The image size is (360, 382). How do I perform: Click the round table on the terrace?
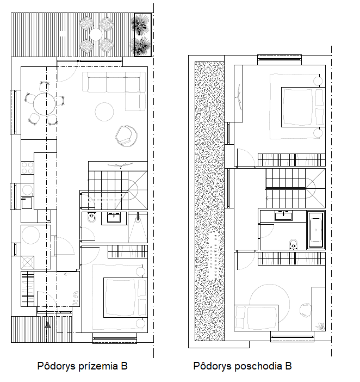click(x=96, y=35)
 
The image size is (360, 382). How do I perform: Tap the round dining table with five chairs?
click(x=45, y=104)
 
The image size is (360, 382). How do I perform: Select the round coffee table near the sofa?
click(x=104, y=112)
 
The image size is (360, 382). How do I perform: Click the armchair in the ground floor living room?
click(x=126, y=136)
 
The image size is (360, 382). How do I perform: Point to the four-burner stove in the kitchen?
click(x=27, y=168)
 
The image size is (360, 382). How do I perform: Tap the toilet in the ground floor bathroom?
click(x=92, y=218)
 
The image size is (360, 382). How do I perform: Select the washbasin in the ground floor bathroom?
click(x=114, y=217)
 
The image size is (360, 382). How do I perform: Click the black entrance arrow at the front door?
click(x=48, y=325)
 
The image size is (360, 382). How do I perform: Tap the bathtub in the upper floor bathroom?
click(x=316, y=230)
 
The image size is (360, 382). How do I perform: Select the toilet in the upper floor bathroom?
click(x=294, y=244)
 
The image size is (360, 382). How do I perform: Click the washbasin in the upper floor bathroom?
click(x=283, y=216)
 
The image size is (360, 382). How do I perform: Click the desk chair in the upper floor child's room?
click(x=306, y=311)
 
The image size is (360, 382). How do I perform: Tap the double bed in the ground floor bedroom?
click(x=126, y=298)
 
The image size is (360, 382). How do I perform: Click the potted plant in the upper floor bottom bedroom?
click(x=320, y=326)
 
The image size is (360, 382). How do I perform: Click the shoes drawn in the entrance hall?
click(x=76, y=298)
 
